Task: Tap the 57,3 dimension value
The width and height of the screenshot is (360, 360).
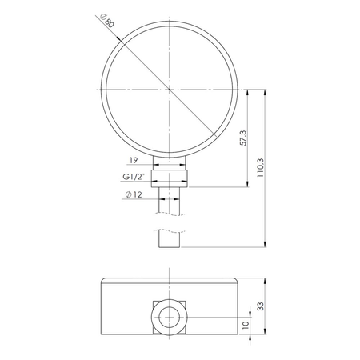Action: coord(242,138)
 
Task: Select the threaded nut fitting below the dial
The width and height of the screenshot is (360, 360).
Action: coord(170,176)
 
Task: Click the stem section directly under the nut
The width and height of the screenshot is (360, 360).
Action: coord(170,200)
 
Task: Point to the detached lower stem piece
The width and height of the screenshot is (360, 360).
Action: coord(170,238)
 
